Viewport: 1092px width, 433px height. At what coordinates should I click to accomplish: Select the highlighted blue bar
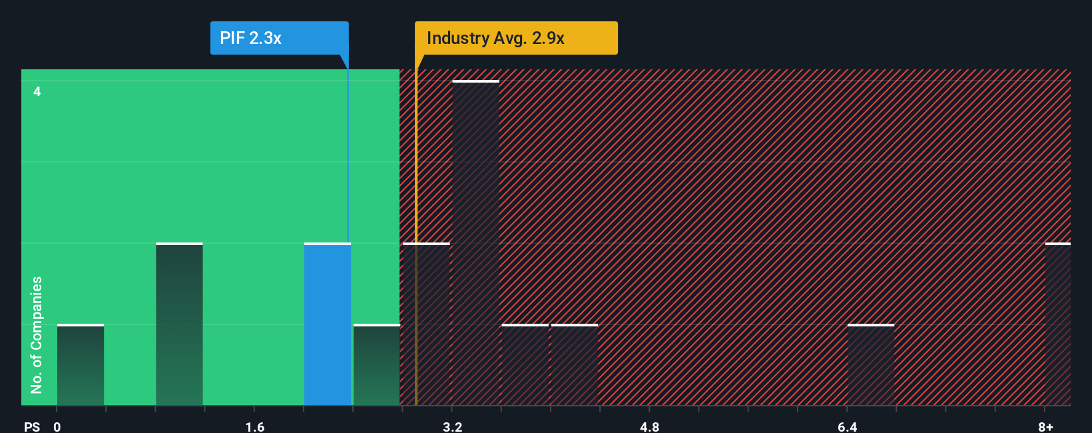tap(328, 324)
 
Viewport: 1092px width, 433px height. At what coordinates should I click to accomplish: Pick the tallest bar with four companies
tap(475, 243)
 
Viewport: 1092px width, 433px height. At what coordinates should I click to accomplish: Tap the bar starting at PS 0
tap(81, 365)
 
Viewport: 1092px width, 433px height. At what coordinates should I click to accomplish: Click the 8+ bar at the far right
tap(1057, 324)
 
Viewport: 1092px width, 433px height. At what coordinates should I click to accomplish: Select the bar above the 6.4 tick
tap(870, 365)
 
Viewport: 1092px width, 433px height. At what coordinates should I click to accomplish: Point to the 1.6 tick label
tap(254, 426)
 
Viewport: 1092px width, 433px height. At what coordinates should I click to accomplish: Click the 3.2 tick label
tap(452, 426)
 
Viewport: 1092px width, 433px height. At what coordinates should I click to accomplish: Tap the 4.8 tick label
tap(649, 426)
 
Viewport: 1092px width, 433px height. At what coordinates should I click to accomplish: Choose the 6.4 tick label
tap(847, 426)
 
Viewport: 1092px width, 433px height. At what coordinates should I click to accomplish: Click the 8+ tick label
tap(1045, 426)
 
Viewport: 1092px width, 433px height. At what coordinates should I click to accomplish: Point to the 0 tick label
tap(57, 426)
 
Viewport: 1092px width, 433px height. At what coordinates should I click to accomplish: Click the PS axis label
tap(32, 426)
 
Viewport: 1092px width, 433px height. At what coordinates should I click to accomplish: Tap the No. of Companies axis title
tap(37, 334)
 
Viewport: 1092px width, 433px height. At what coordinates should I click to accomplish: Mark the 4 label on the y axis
tap(37, 91)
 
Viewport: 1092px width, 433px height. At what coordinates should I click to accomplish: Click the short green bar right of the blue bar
tap(376, 365)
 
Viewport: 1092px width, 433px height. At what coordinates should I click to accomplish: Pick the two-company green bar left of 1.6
tap(179, 324)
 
